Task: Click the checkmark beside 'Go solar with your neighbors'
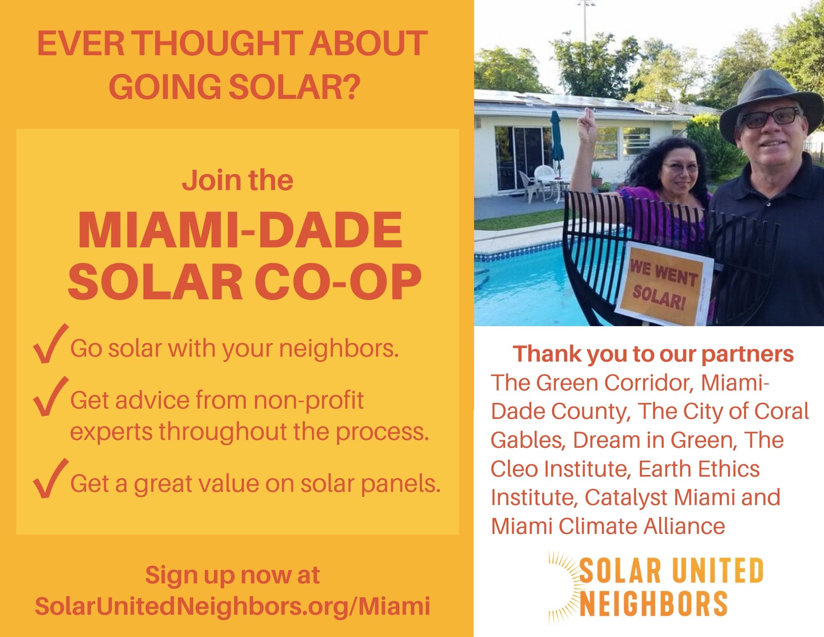tap(50, 344)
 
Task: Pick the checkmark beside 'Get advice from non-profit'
tap(50, 396)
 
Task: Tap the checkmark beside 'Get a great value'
tap(50, 478)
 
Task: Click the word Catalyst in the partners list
tap(625, 498)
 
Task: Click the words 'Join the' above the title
tap(238, 181)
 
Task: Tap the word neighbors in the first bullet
tap(339, 349)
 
